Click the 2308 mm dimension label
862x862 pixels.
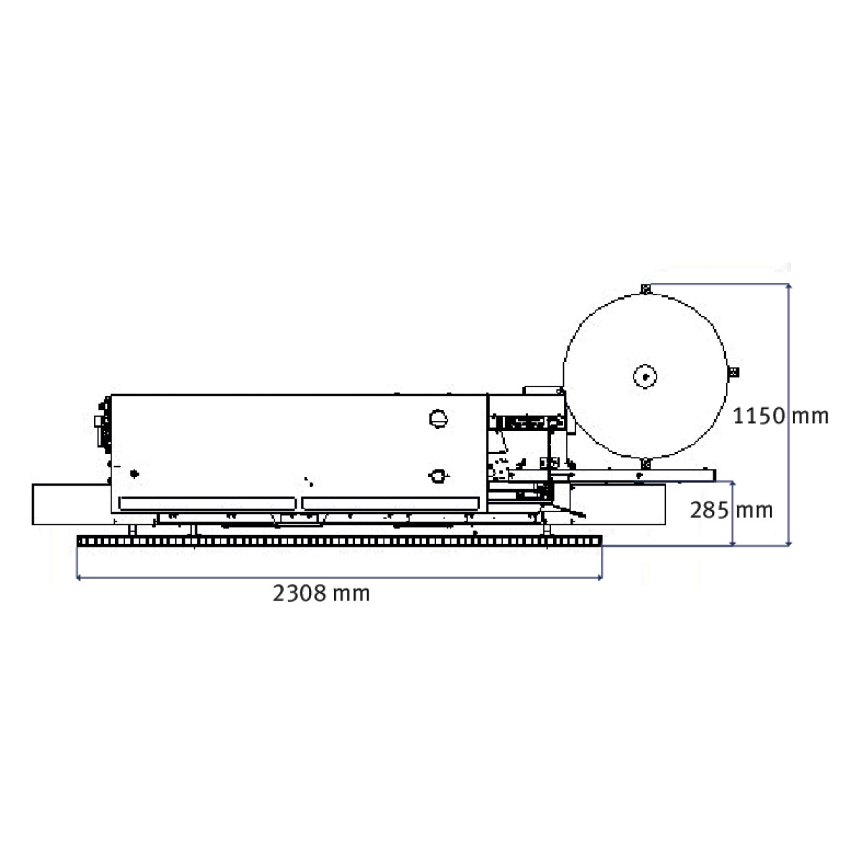pos(321,593)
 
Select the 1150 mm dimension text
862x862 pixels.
pos(781,416)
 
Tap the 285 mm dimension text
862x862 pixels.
pos(731,510)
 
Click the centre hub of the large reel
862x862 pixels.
pos(644,376)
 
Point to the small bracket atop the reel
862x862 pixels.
pos(645,289)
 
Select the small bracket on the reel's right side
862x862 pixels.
pos(733,371)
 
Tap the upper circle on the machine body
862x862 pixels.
pos(438,419)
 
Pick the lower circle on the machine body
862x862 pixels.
pos(438,476)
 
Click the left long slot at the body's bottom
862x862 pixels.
pos(208,504)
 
